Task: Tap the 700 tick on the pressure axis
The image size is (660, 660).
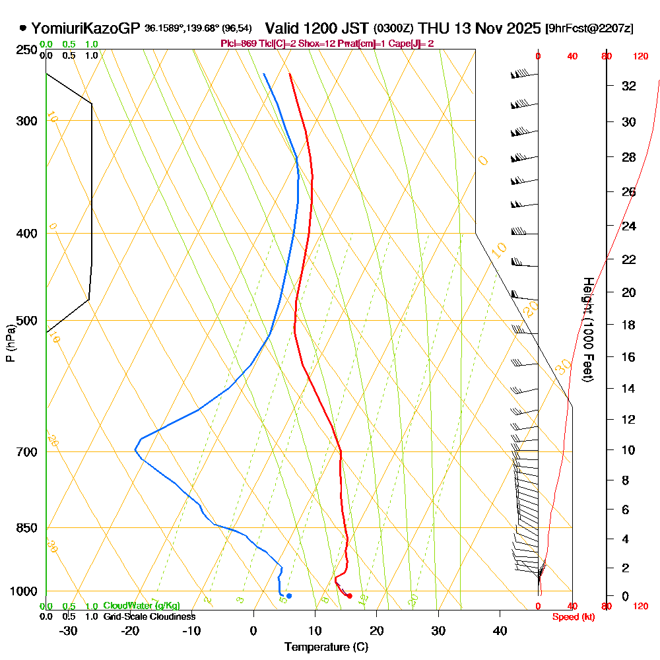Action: (x=27, y=452)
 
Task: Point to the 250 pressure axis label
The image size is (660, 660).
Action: (x=27, y=50)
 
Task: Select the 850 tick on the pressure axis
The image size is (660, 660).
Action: (x=27, y=528)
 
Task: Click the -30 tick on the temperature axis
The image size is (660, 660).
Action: (x=69, y=630)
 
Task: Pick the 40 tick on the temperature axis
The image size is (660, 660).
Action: (x=500, y=630)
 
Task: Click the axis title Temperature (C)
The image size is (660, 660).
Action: (x=326, y=647)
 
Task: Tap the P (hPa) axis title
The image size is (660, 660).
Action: (x=10, y=343)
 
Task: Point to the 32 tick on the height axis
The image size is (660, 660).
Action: (x=629, y=86)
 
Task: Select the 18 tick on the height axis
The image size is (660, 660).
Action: (x=629, y=325)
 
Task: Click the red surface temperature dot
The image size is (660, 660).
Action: (x=349, y=596)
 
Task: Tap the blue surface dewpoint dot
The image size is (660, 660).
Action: (x=289, y=596)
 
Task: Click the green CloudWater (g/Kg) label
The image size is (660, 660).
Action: (x=141, y=606)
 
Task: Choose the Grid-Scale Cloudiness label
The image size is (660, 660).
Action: (x=149, y=616)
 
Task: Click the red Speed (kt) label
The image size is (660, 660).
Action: (x=572, y=617)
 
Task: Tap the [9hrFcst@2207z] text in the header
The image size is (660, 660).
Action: (x=589, y=28)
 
